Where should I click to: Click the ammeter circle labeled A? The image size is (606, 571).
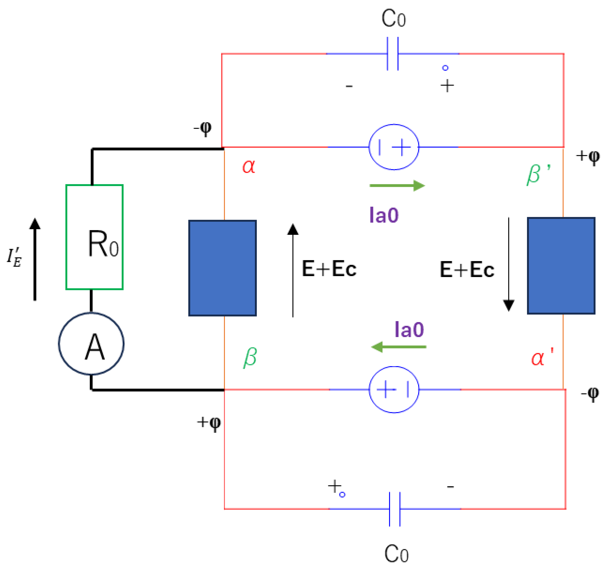coord(91,343)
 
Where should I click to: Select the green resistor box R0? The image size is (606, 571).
coord(95,237)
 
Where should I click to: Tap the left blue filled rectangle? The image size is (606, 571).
coord(223,268)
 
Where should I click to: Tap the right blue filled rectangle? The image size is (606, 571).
coord(561,265)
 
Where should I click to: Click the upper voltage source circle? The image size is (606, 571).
coord(394,147)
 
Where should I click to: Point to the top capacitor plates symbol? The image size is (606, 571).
coord(393,54)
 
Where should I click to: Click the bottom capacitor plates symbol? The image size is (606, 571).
coord(395,509)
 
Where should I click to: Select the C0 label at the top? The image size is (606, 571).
coord(394,19)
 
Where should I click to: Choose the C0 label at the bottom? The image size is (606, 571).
coord(396,554)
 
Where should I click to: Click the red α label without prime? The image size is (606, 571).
coord(249,166)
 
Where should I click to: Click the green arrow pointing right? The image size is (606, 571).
coord(397,186)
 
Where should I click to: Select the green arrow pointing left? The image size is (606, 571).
coord(398,347)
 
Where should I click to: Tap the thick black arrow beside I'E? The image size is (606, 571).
coord(35,259)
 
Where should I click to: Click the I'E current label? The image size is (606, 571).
coord(14,257)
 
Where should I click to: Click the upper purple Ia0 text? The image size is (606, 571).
coord(384,215)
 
